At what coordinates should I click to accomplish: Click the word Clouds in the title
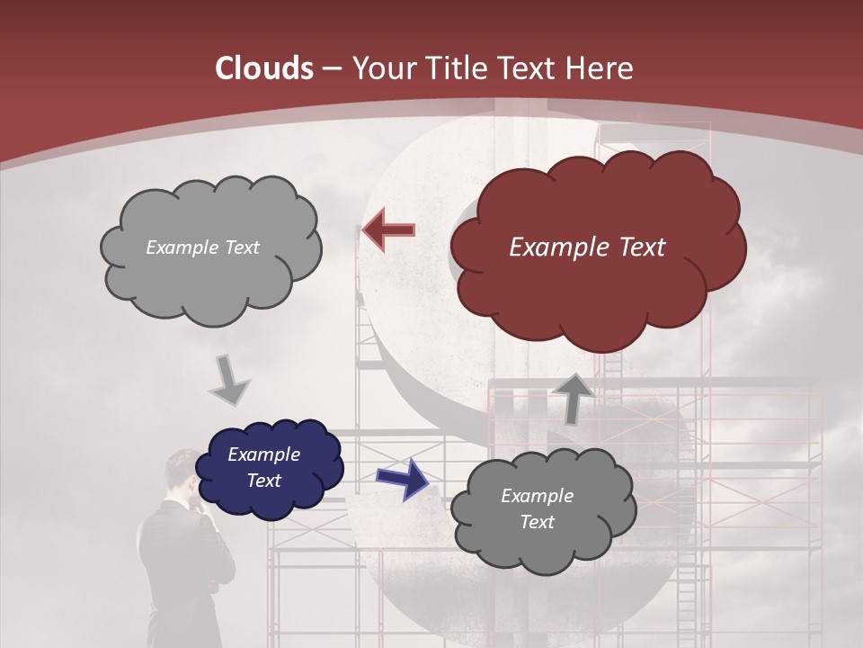coord(264,68)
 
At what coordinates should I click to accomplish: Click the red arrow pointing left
coord(388,229)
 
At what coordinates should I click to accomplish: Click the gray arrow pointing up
coord(572,397)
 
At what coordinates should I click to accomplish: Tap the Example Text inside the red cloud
coord(587,247)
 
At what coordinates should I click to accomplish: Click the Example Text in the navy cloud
coord(263,468)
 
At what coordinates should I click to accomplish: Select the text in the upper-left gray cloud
coord(202,247)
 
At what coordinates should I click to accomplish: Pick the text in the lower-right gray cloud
coord(537,508)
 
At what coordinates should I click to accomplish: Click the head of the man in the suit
coord(186,472)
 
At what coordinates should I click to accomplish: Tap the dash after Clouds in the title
coord(330,68)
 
